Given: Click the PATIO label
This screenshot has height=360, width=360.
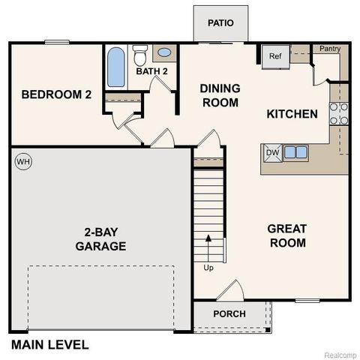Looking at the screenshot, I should click(x=220, y=22).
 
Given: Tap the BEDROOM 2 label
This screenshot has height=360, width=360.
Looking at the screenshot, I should click(x=56, y=94).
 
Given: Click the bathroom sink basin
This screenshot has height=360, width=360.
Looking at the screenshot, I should click(x=164, y=53).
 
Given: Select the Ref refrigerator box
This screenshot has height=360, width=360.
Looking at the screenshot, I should click(x=274, y=55).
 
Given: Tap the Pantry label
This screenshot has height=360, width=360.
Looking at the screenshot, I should click(x=329, y=49).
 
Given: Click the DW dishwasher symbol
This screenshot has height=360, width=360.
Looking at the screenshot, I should click(x=271, y=152).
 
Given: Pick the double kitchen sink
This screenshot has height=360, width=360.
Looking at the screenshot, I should click(x=295, y=152).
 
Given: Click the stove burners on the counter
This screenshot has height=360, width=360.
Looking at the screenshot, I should click(x=339, y=112).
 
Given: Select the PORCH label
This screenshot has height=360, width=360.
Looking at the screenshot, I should click(x=229, y=313).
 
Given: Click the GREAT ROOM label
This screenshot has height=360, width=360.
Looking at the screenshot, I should click(x=286, y=235).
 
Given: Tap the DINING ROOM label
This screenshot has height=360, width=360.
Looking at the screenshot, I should click(x=220, y=95).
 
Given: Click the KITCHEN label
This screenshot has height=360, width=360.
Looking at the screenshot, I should click(x=292, y=114).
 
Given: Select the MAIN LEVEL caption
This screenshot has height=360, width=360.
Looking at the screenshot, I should click(x=49, y=345).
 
